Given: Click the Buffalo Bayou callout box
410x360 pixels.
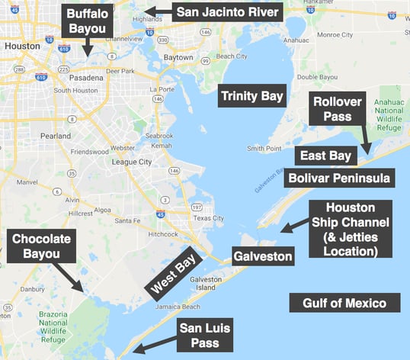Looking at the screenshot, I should click(87, 23).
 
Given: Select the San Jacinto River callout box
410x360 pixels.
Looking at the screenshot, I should click(227, 12).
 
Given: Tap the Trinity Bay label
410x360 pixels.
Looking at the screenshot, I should click(251, 96).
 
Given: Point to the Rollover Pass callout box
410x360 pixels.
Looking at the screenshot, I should click(338, 108).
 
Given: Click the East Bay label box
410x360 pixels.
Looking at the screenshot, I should click(325, 156).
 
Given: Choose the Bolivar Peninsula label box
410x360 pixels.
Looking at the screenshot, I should click(339, 178).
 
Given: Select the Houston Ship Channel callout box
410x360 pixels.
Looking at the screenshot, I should click(351, 228).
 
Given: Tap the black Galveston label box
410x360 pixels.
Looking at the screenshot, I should click(263, 256).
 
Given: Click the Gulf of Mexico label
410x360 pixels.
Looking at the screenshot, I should click(344, 303).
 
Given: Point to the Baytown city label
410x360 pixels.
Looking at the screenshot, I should click(178, 56).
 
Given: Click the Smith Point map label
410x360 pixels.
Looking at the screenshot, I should click(265, 148).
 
